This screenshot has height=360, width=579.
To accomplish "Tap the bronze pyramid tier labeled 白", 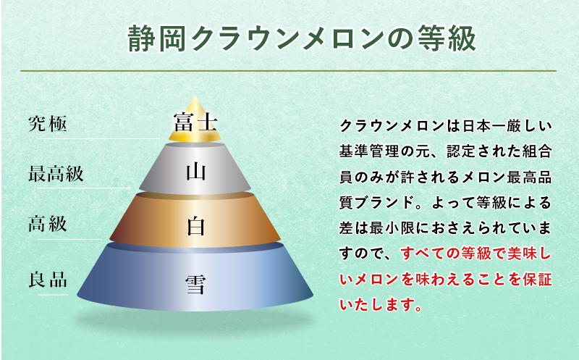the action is pos(195,221).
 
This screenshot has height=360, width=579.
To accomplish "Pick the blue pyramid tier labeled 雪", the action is pos(195,278).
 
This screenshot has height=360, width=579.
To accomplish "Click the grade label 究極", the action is pos(48,123).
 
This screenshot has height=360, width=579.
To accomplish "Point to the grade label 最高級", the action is pos(56,173).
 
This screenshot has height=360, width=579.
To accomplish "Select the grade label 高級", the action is pos(48,224).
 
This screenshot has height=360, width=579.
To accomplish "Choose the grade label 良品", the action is pos(48,280).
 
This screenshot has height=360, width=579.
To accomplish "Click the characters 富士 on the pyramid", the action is pos(195,122).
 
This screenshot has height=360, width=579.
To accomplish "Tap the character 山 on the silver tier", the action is pos(195,172).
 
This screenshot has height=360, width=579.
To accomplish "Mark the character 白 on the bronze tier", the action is pos(195,226).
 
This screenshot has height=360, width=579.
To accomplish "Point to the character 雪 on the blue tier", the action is pos(195,285).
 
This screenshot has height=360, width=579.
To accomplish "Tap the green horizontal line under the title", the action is pos(288,70).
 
